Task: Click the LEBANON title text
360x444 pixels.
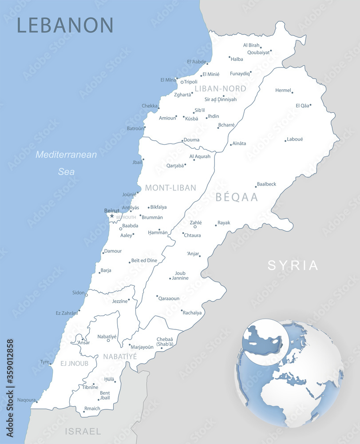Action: (x=65, y=25)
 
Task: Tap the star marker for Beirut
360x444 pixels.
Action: (x=112, y=216)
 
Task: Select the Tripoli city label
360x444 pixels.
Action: (x=190, y=82)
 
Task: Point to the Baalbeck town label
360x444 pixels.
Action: (x=266, y=184)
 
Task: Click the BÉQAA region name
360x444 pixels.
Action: (x=237, y=198)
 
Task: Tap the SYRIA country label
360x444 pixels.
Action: (x=293, y=266)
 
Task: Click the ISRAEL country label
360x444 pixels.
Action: (x=83, y=431)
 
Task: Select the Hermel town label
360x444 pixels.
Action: (x=283, y=90)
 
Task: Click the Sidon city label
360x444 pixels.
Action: (x=78, y=293)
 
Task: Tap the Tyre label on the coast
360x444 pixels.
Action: (x=44, y=362)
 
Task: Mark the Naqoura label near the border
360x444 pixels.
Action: (x=26, y=400)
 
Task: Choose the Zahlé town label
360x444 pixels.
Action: (x=196, y=222)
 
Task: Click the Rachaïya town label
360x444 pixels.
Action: (x=192, y=313)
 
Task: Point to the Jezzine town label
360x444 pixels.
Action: (x=119, y=301)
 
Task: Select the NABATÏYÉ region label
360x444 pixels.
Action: (x=120, y=357)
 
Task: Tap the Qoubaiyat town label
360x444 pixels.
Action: (x=258, y=52)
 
